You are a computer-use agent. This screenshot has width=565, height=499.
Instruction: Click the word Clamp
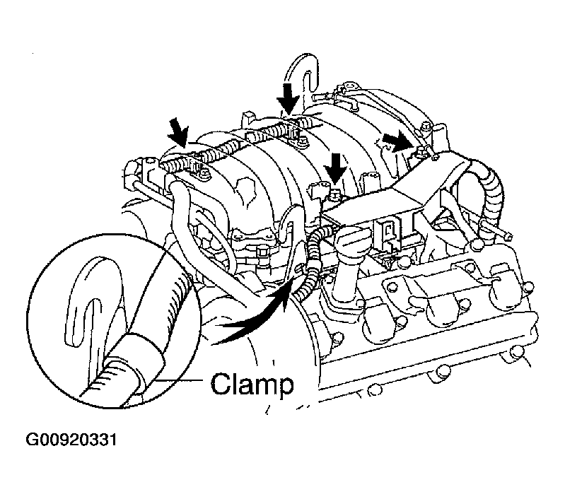(252, 385)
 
